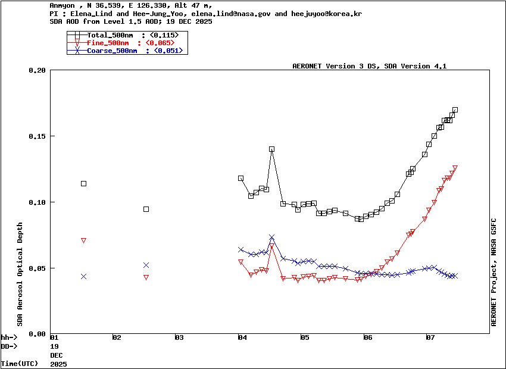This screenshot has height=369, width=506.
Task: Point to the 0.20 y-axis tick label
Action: [x=37, y=70]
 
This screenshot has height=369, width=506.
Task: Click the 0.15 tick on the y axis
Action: [x=37, y=136]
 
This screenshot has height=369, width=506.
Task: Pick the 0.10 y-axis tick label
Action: [x=37, y=202]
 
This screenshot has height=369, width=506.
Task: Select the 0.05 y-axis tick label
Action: [x=37, y=268]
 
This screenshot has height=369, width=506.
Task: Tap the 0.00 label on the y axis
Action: [x=37, y=334]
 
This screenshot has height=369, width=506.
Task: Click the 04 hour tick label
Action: [x=242, y=338]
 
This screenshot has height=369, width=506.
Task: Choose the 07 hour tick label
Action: [x=430, y=338]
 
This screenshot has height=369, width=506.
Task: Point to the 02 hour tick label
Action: [x=117, y=338]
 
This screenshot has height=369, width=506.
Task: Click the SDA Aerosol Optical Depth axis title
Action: [x=20, y=274]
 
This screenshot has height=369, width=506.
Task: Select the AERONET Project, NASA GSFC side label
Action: [x=493, y=271]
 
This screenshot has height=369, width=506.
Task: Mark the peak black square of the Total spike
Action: [x=271, y=149]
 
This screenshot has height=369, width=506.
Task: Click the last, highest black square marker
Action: [x=455, y=110]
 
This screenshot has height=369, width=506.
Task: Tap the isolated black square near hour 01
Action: [x=83, y=183]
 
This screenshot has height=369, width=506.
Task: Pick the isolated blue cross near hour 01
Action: [x=83, y=276]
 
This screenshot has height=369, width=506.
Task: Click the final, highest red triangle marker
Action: [x=455, y=168]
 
